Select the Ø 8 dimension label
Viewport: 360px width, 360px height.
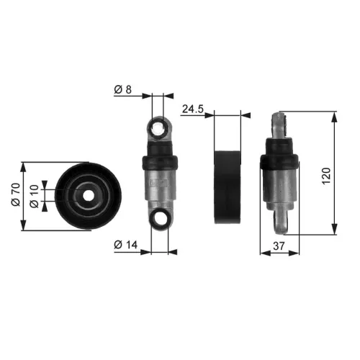123,90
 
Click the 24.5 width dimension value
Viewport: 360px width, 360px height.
192,109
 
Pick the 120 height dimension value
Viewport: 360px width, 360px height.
325,174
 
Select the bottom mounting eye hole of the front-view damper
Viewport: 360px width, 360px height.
159,217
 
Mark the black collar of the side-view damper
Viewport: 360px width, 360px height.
280,161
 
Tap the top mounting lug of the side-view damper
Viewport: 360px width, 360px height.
282,126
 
